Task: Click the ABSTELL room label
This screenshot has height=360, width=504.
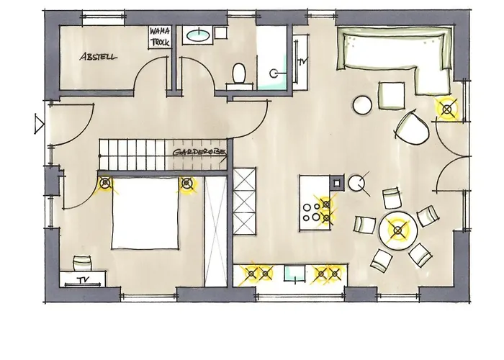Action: click(x=98, y=57)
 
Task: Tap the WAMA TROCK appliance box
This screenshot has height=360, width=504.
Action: click(x=160, y=37)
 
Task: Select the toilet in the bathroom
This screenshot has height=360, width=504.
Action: click(x=239, y=73)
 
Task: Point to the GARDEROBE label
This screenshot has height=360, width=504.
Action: click(x=199, y=153)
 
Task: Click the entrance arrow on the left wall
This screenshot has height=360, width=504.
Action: click(x=39, y=124)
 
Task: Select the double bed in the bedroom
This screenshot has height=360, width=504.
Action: click(x=145, y=213)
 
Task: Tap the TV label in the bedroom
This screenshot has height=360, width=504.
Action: click(x=83, y=280)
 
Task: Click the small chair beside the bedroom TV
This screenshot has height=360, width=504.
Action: click(x=82, y=263)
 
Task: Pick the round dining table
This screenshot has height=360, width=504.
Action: click(x=398, y=230)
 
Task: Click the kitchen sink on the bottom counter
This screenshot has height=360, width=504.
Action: click(x=294, y=274)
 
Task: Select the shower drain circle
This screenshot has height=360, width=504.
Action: click(x=274, y=73)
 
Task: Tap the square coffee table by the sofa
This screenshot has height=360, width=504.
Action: click(x=391, y=96)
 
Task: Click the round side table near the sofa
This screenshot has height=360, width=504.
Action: click(x=362, y=105)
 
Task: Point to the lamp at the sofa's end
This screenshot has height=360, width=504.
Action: click(x=446, y=109)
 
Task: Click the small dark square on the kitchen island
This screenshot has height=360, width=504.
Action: click(x=336, y=183)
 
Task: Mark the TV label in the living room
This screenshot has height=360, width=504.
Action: click(x=302, y=61)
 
